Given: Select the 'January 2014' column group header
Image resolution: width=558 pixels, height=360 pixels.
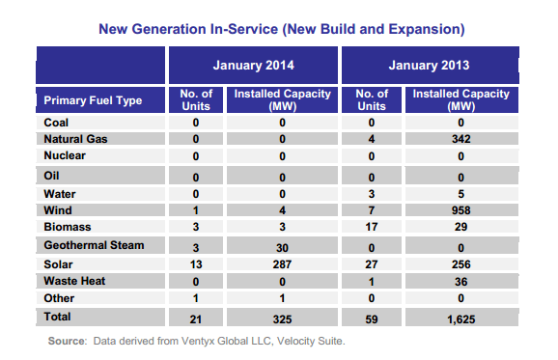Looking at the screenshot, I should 255,66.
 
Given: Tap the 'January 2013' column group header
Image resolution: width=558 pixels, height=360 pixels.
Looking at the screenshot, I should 428,66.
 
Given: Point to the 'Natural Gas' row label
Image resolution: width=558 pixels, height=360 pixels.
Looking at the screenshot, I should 76,140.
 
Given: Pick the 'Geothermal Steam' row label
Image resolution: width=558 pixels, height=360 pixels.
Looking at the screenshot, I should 94,245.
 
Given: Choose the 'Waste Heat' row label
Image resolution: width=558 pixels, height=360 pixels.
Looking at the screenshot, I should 76,281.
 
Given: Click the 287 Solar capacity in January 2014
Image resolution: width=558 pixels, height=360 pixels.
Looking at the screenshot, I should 283,263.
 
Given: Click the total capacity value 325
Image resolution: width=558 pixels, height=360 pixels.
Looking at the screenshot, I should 283,317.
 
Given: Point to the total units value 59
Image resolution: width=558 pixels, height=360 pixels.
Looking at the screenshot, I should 371,317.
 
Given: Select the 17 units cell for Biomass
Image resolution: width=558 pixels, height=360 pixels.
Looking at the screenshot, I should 371,228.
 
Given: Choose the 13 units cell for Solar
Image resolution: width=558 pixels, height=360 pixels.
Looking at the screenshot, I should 196,263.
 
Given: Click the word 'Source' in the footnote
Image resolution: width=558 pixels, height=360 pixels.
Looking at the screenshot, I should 70,341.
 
